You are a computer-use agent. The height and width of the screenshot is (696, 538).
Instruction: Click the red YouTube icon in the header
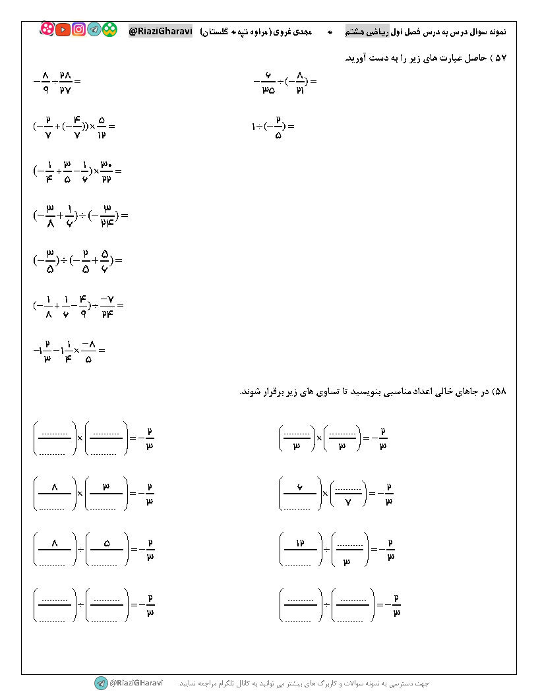[x=63, y=30]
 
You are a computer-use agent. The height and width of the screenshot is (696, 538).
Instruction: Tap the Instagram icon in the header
[x=79, y=30]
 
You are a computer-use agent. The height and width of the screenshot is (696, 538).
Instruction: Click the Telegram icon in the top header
[x=94, y=30]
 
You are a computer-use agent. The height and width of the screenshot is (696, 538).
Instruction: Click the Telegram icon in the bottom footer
[x=101, y=683]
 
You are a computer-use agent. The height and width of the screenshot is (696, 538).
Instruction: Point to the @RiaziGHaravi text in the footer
[x=136, y=683]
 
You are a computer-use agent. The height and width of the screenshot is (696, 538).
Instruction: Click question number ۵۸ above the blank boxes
[x=499, y=391]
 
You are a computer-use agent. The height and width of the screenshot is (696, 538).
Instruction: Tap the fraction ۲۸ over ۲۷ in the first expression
[x=65, y=82]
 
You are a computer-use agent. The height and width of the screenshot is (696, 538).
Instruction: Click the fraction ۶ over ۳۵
[x=268, y=82]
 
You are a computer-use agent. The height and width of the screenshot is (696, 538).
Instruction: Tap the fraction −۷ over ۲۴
[x=105, y=305]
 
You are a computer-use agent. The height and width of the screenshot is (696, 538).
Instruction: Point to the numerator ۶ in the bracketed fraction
[x=299, y=487]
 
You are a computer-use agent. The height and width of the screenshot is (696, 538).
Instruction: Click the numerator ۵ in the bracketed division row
[x=106, y=544]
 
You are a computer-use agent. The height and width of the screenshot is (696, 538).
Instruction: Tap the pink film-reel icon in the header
[x=47, y=29]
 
